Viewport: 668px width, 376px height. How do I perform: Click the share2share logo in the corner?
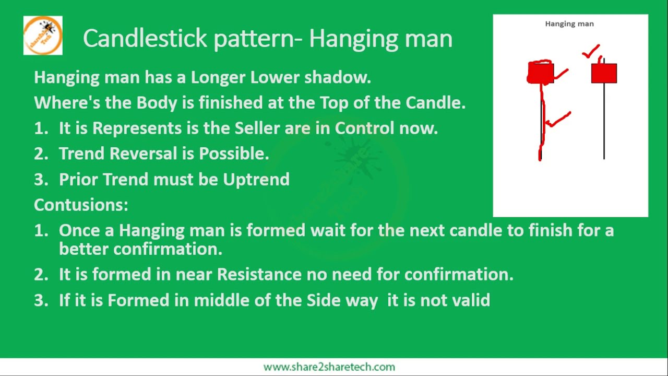click(43, 36)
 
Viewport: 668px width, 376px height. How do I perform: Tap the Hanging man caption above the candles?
click(569, 23)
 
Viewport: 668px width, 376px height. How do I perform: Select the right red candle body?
click(604, 73)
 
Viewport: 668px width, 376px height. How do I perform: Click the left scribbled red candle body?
click(540, 73)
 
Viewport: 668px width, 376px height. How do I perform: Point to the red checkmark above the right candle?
click(591, 52)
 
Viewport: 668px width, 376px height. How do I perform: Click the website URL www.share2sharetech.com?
click(329, 367)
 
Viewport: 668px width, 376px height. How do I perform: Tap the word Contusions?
click(81, 205)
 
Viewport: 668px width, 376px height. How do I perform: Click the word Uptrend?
click(256, 179)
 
